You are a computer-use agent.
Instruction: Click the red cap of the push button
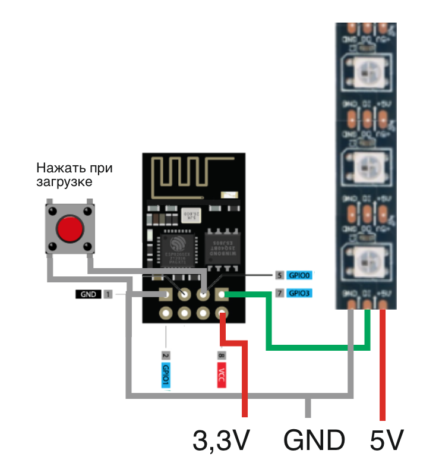pyautogui.click(x=70, y=229)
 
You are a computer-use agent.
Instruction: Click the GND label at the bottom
pyautogui.click(x=314, y=440)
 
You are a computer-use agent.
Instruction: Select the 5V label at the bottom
pyautogui.click(x=386, y=440)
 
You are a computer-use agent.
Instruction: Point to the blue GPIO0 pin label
pyautogui.click(x=300, y=275)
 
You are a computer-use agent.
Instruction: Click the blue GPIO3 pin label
pyautogui.click(x=300, y=293)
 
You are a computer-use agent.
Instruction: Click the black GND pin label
pyautogui.click(x=89, y=294)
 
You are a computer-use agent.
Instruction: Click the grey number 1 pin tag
pyautogui.click(x=108, y=294)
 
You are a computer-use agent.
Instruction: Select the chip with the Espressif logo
pyautogui.click(x=178, y=250)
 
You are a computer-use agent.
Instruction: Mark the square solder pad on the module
pyautogui.click(x=222, y=294)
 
